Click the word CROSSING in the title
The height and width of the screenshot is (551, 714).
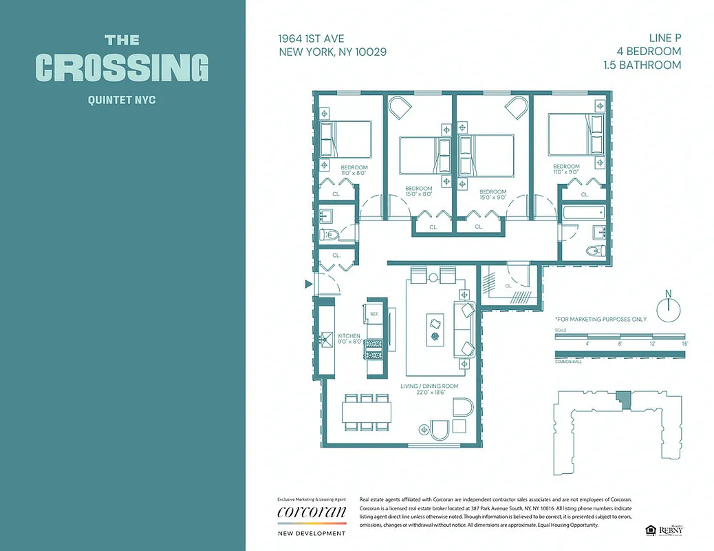point(122,67)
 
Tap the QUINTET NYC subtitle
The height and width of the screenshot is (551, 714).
point(122,100)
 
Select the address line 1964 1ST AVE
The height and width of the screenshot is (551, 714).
point(311,39)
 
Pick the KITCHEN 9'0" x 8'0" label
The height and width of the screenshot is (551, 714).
point(349,338)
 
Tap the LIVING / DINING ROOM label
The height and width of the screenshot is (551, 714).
point(424,389)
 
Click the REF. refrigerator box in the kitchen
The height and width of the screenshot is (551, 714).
point(375,314)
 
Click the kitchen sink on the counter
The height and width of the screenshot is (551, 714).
point(327,338)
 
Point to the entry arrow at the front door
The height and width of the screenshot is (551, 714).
point(309,283)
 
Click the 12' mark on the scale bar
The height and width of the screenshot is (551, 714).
point(652,342)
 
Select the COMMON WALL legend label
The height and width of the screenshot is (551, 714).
point(568,362)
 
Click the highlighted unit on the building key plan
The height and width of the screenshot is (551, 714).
point(623,398)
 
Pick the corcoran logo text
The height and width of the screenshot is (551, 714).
point(311,512)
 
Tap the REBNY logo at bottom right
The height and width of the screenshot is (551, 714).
point(669,530)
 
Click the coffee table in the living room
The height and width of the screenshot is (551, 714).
point(435,329)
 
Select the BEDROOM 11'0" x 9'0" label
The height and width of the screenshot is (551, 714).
point(566,169)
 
